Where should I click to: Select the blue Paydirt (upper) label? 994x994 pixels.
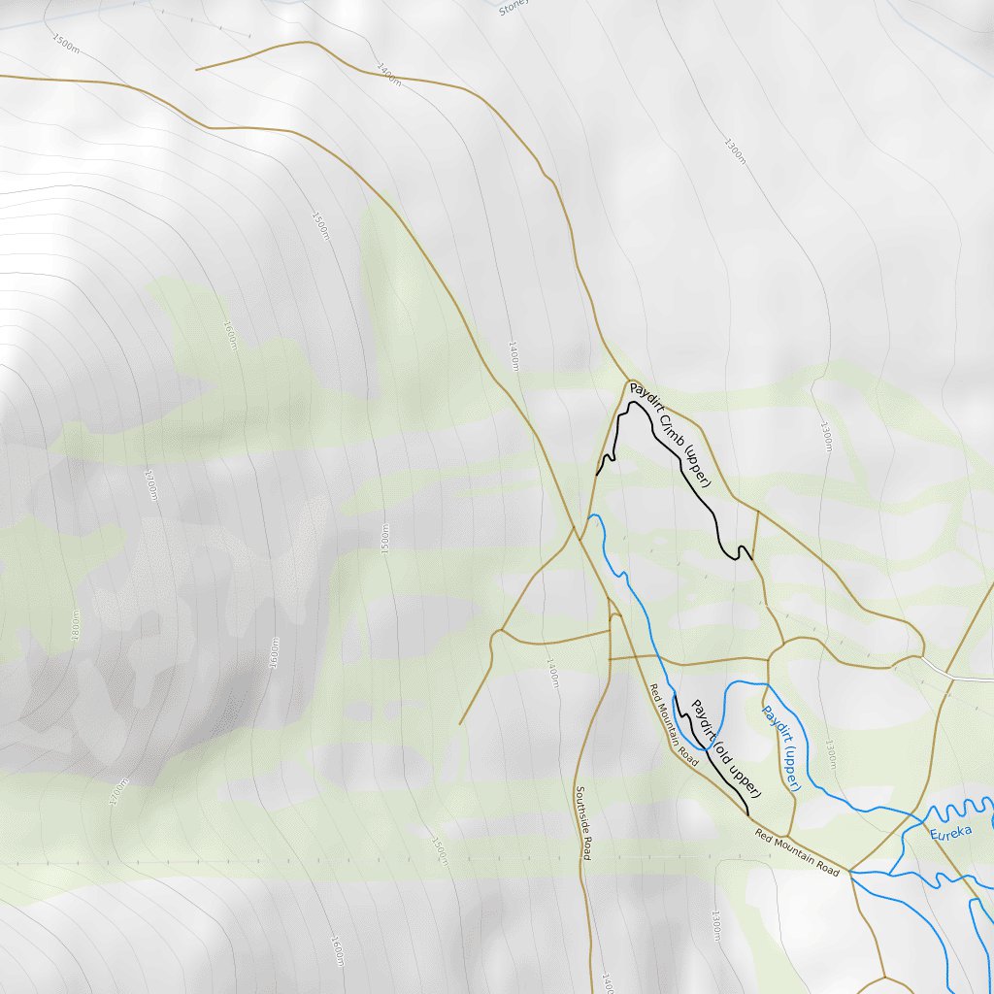pyautogui.click(x=780, y=747)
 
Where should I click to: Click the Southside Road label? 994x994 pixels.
pyautogui.click(x=582, y=822)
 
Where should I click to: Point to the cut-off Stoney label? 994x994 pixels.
pyautogui.click(x=512, y=9)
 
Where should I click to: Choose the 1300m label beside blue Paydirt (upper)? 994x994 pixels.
pyautogui.click(x=831, y=755)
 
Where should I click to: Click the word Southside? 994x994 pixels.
pyautogui.click(x=581, y=811)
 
